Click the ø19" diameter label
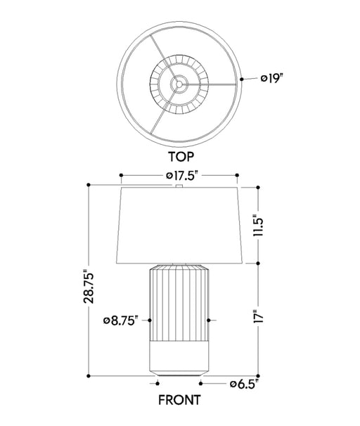271,79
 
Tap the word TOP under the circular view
181,157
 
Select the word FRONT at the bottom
179,400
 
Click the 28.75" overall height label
89,287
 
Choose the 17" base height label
258,316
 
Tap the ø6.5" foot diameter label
244,384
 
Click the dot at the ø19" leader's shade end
242,79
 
